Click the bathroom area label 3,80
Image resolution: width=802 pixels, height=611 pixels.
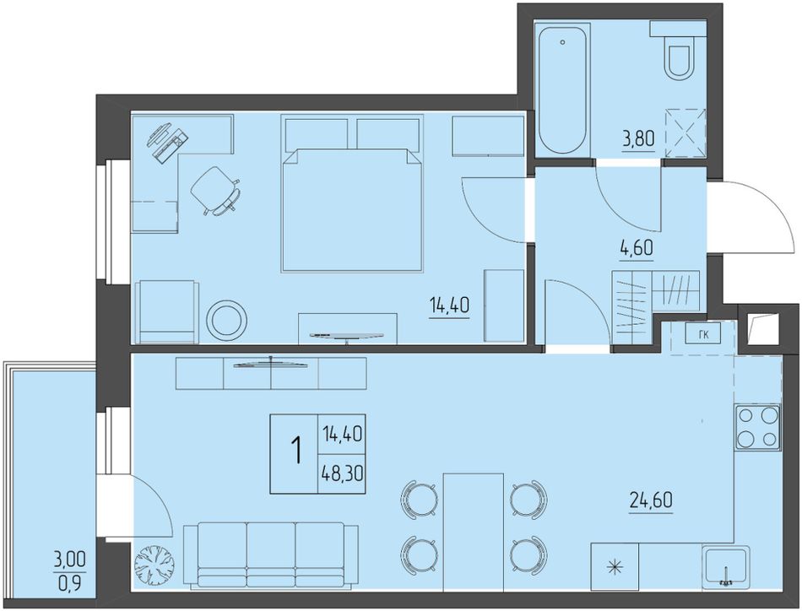point(638,138)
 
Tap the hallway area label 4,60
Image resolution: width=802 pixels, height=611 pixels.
point(637,249)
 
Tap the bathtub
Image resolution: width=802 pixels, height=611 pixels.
point(563,89)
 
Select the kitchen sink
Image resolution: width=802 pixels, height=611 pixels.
point(726,566)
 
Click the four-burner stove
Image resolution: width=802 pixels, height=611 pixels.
point(757,427)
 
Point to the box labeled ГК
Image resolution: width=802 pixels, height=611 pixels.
point(704,334)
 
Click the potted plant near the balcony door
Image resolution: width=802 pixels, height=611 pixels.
point(154,565)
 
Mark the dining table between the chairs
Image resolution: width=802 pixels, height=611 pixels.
point(473,533)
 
